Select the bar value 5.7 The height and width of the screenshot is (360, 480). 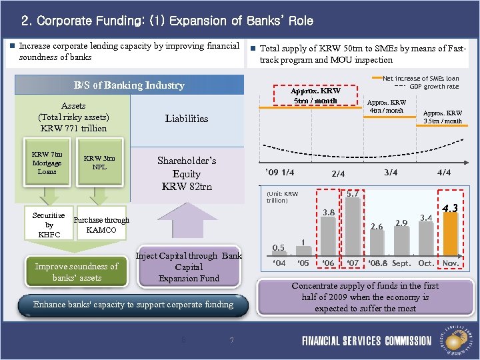pos(353,193)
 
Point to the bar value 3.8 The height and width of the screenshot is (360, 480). pos(329,213)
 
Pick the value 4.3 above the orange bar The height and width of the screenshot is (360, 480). pos(451,208)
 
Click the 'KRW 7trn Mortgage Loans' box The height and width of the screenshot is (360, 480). pos(47,162)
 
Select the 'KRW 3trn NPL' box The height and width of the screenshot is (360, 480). pos(99,162)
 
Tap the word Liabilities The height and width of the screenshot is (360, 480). pos(187,119)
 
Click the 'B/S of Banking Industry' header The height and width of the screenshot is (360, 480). pos(129,85)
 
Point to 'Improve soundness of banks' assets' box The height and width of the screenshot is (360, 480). pos(76,271)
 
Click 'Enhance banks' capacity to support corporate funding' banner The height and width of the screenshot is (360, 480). pos(133,305)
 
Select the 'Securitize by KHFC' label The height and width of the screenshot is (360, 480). pos(49,225)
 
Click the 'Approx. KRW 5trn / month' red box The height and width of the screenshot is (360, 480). pos(316,95)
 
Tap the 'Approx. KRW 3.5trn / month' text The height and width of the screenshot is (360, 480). pos(443,117)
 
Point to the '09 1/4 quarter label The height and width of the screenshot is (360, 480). pos(279,173)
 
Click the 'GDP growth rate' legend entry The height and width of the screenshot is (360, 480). pos(433,87)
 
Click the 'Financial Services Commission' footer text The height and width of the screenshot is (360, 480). pos(367,341)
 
